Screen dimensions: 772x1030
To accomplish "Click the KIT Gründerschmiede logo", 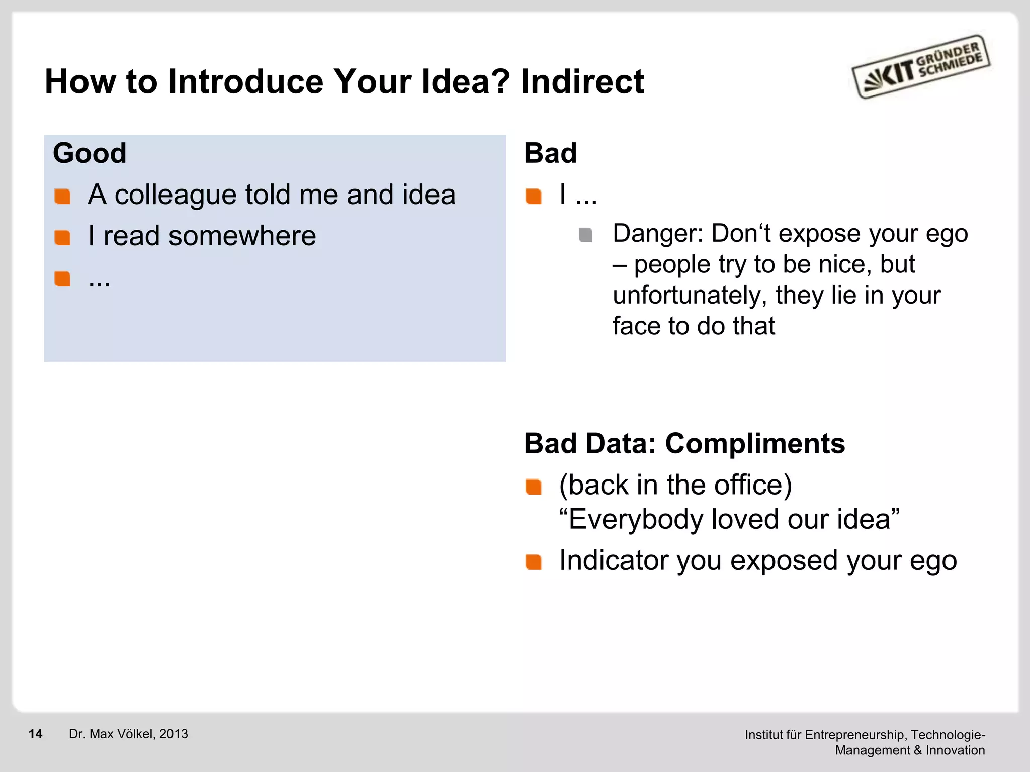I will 921,67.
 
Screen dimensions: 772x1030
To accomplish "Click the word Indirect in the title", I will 582,81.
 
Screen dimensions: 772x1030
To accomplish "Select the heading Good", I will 90,153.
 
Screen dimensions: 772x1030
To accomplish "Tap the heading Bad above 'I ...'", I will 550,153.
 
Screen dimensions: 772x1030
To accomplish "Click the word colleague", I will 175,195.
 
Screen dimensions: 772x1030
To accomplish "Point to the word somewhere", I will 242,236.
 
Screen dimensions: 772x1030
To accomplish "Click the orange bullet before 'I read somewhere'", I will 62,237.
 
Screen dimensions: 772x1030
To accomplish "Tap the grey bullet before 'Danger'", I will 585,235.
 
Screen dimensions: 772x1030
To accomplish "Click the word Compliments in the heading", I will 754,444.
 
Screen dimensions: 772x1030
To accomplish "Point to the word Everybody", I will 635,519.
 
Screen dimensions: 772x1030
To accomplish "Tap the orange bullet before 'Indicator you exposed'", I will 533,562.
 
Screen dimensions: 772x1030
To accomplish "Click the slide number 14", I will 35,734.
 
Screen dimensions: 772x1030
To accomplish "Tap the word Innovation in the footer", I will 955,750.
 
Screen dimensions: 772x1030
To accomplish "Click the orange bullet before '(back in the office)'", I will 533,487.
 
